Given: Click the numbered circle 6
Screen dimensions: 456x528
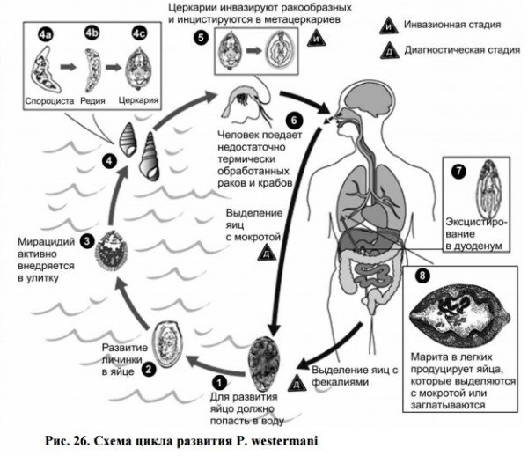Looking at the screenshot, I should tap(297, 121).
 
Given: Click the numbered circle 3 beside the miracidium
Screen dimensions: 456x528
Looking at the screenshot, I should tap(87, 239).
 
